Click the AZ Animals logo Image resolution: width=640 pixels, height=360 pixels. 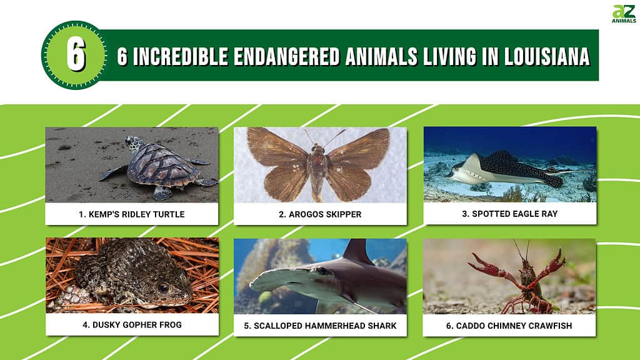[624, 14]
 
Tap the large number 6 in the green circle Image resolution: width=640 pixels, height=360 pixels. [76, 55]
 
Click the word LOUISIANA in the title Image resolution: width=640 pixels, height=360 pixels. [547, 56]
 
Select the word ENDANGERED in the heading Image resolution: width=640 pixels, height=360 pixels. [286, 56]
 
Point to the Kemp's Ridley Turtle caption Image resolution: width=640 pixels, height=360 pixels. [131, 214]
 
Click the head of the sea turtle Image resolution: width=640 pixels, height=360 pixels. [134, 144]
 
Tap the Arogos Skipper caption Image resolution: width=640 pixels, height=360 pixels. [320, 214]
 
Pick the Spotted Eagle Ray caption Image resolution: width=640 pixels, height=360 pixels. [510, 214]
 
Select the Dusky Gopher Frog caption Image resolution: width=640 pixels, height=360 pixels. [132, 325]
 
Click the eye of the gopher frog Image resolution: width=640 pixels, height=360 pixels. [163, 288]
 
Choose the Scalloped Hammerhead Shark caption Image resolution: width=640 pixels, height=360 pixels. [321, 326]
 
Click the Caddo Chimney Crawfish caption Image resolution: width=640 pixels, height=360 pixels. [509, 326]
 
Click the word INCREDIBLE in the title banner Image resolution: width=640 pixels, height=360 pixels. [181, 56]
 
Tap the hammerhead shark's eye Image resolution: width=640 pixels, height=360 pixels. [322, 270]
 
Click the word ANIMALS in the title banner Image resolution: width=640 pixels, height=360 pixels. [381, 56]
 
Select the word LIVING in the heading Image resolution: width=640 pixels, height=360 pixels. [449, 56]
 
